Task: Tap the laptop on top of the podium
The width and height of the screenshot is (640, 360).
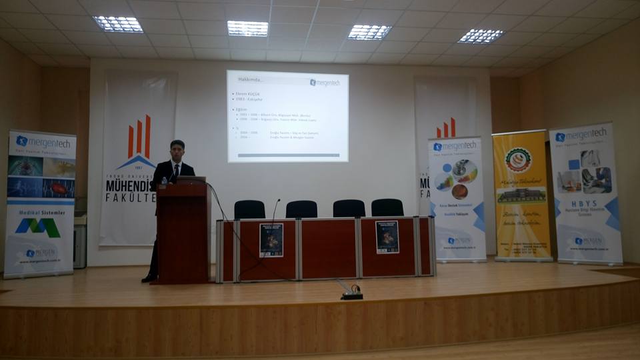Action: coord(191,180)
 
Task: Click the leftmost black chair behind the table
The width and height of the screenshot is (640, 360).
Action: coord(249,209)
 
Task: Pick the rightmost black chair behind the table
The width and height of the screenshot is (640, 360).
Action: coord(387,207)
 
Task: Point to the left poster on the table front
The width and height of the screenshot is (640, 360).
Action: coord(271,239)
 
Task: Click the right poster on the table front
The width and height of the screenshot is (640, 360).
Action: coord(387,237)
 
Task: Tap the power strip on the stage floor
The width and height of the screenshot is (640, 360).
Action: coord(352,294)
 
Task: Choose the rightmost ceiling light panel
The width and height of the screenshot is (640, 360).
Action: coord(481,35)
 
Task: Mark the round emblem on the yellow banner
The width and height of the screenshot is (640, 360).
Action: coord(518,160)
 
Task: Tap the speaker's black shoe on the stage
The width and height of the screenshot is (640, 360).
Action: coord(149,277)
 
